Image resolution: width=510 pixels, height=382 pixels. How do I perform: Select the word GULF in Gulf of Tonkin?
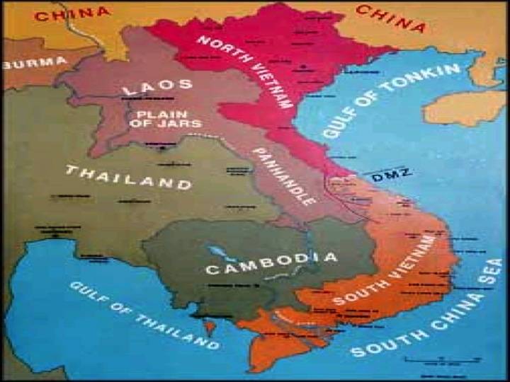pyautogui.click(x=339, y=124)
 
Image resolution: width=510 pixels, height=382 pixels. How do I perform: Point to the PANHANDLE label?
pyautogui.click(x=284, y=175)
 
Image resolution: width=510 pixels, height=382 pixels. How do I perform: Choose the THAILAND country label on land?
pyautogui.click(x=128, y=176)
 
